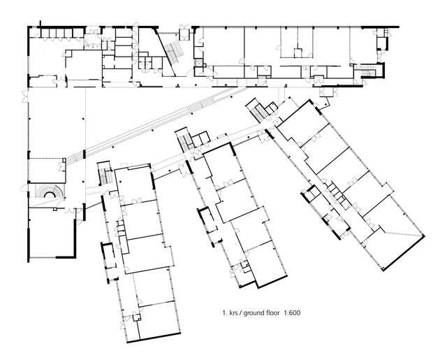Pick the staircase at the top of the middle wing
[184, 143]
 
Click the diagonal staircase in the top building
[172, 52]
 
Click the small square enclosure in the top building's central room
[298, 50]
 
